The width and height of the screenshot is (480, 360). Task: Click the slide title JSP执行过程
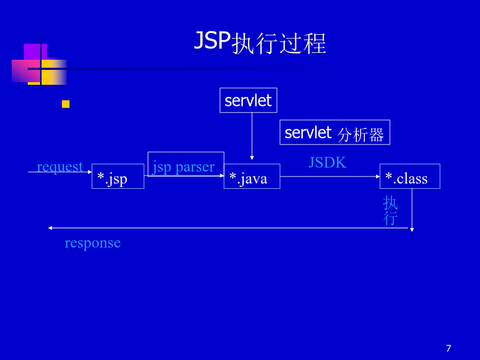tap(260, 43)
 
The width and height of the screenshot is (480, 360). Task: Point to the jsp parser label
tap(183, 167)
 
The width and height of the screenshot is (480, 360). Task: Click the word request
tap(60, 167)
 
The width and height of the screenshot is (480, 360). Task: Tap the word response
tap(92, 243)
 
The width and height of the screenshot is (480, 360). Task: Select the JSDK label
tap(327, 162)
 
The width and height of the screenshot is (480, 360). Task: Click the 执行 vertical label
tap(390, 211)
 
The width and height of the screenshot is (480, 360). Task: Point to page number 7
tap(449, 348)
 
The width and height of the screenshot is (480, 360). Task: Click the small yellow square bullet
tap(66, 104)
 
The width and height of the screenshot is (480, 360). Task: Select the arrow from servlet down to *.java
tap(252, 136)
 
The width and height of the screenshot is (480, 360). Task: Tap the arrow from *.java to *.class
tap(330, 177)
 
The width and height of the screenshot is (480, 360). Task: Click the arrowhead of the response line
tap(50, 228)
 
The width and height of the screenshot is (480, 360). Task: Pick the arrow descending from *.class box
tap(412, 210)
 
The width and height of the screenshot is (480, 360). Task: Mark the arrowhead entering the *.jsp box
tap(90, 172)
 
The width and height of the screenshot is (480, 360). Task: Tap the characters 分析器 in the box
tap(361, 135)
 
